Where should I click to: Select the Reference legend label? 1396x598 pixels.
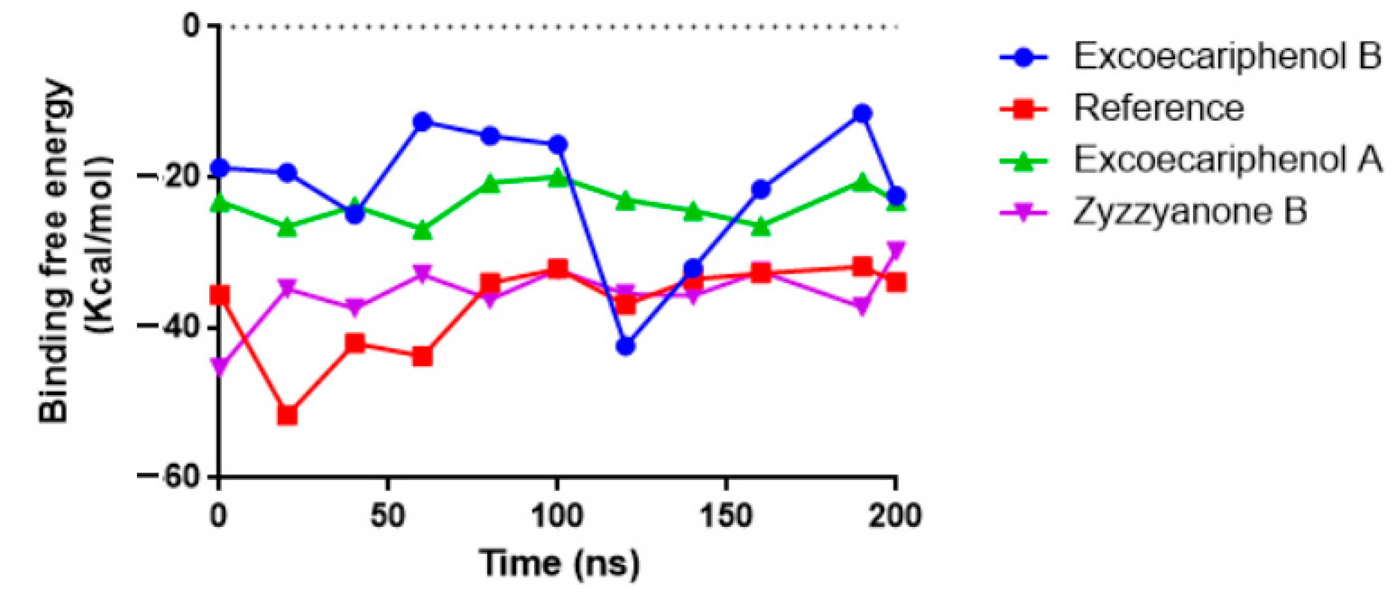click(x=1158, y=108)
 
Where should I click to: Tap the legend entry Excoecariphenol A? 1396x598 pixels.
click(x=1227, y=160)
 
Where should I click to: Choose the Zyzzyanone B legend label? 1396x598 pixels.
click(x=1190, y=212)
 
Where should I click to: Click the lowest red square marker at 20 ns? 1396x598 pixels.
click(x=287, y=415)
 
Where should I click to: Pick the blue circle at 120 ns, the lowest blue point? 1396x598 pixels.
click(x=625, y=346)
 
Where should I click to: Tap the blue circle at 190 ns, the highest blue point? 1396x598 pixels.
click(x=862, y=114)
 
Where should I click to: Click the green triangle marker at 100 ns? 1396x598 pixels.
click(x=557, y=177)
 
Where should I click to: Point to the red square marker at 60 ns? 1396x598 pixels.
click(x=422, y=356)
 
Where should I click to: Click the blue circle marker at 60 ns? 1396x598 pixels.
click(x=422, y=122)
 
